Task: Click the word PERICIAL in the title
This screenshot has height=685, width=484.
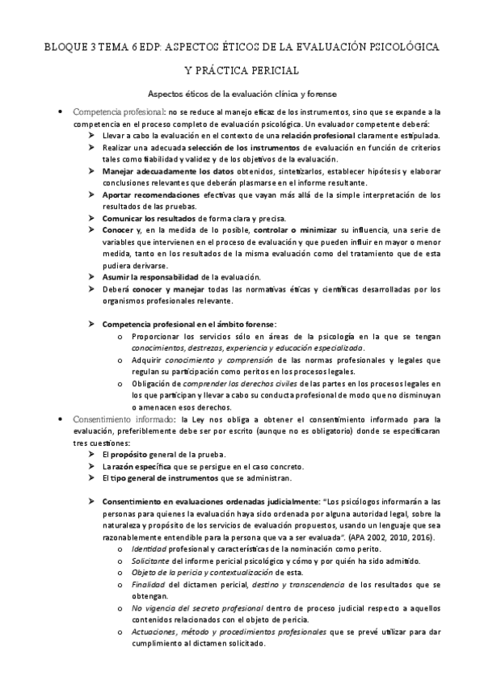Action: pos(272,71)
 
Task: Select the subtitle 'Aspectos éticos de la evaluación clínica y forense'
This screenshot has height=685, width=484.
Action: pos(242,93)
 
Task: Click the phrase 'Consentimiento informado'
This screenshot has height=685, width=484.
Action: pos(124,419)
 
